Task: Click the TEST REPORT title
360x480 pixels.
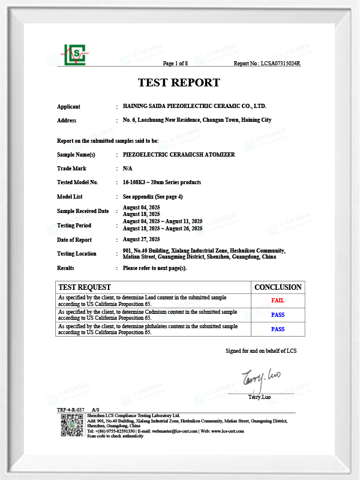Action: point(179,83)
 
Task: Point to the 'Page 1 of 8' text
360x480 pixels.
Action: point(176,63)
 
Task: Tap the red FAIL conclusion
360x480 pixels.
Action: point(278,300)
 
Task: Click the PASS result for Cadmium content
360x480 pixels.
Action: point(278,314)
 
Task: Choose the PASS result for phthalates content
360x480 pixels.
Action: point(278,329)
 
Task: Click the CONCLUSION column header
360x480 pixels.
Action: point(278,287)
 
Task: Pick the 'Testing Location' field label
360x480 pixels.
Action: point(77,254)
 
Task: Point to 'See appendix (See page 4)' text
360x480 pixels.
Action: point(152,196)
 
